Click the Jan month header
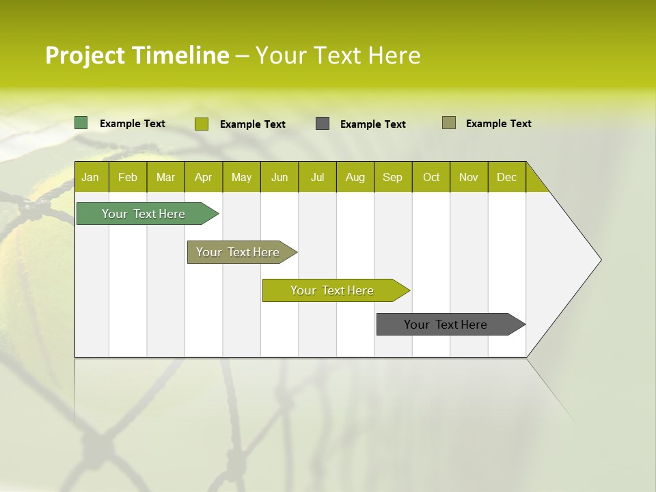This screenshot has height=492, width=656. tap(90, 177)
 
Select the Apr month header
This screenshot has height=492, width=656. tap(203, 177)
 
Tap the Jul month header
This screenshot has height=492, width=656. tap(317, 177)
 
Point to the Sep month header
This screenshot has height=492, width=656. tap(392, 177)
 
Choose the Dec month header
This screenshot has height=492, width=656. tap(506, 177)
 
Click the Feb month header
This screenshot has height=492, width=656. tap(128, 177)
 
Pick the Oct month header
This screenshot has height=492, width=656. tap(431, 177)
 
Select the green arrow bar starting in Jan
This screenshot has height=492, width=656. tap(143, 214)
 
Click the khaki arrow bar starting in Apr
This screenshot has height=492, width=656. tap(238, 252)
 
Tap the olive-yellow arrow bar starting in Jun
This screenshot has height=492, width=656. tap(332, 290)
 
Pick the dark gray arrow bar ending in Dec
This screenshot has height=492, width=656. tap(446, 325)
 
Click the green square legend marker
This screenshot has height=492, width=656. tap(81, 123)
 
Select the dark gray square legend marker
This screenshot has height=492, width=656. tap(323, 124)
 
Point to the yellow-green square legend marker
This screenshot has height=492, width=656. tap(202, 124)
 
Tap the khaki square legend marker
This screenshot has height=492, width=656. tap(449, 123)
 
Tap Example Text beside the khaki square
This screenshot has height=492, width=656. tap(498, 124)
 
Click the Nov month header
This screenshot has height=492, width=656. tap(469, 177)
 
